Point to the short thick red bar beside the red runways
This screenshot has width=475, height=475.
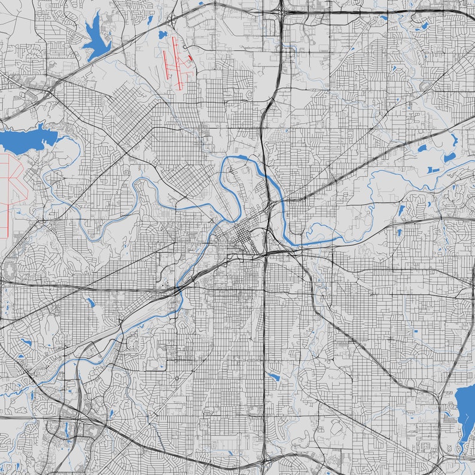point(190,58)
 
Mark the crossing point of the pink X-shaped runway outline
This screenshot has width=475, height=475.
point(11,180)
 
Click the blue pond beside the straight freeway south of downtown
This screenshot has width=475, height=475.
point(274,377)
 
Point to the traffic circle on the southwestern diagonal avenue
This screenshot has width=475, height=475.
point(177,379)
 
